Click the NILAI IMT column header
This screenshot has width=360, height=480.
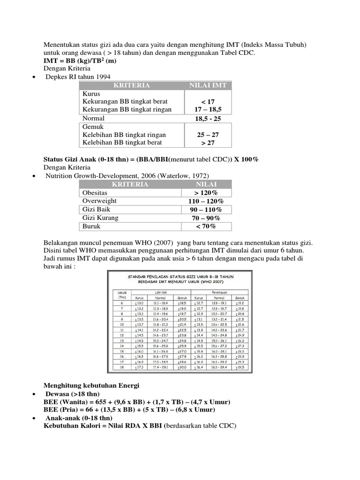click(207, 85)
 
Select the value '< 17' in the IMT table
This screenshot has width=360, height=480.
click(207, 101)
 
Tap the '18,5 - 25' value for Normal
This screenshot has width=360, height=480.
click(207, 119)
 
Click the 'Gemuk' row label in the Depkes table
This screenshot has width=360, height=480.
click(93, 127)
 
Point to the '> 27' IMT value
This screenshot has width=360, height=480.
click(207, 142)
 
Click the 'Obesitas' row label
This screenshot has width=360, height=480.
click(95, 193)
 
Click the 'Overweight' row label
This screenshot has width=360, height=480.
click(99, 201)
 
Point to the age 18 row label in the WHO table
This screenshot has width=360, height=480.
click(123, 367)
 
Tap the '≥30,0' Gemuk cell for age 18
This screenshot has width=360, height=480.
click(182, 367)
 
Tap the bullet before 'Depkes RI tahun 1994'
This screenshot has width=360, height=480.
click(34, 77)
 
